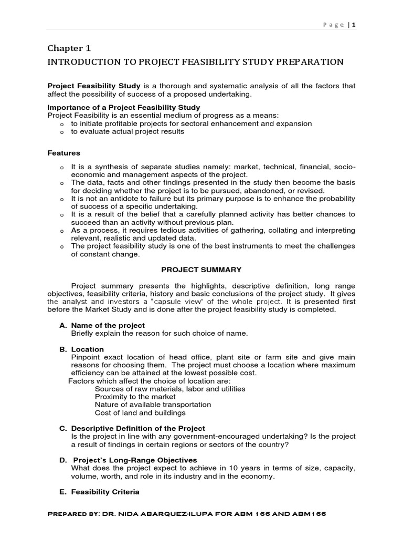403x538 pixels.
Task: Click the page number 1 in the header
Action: pyautogui.click(x=354, y=25)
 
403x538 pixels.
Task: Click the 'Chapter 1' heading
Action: pyautogui.click(x=69, y=48)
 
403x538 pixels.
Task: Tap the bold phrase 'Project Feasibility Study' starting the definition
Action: pyautogui.click(x=94, y=86)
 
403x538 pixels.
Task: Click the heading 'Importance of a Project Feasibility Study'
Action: pyautogui.click(x=123, y=108)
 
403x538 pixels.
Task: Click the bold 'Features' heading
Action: pyautogui.click(x=63, y=153)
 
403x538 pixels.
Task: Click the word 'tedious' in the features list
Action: pyautogui.click(x=163, y=231)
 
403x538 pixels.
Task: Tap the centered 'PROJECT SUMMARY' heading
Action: pyautogui.click(x=201, y=270)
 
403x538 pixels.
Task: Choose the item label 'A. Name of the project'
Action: pyautogui.click(x=102, y=326)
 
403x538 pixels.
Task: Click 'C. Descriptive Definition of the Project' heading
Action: pyautogui.click(x=132, y=429)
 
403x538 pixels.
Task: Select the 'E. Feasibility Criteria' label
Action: pyautogui.click(x=99, y=492)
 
